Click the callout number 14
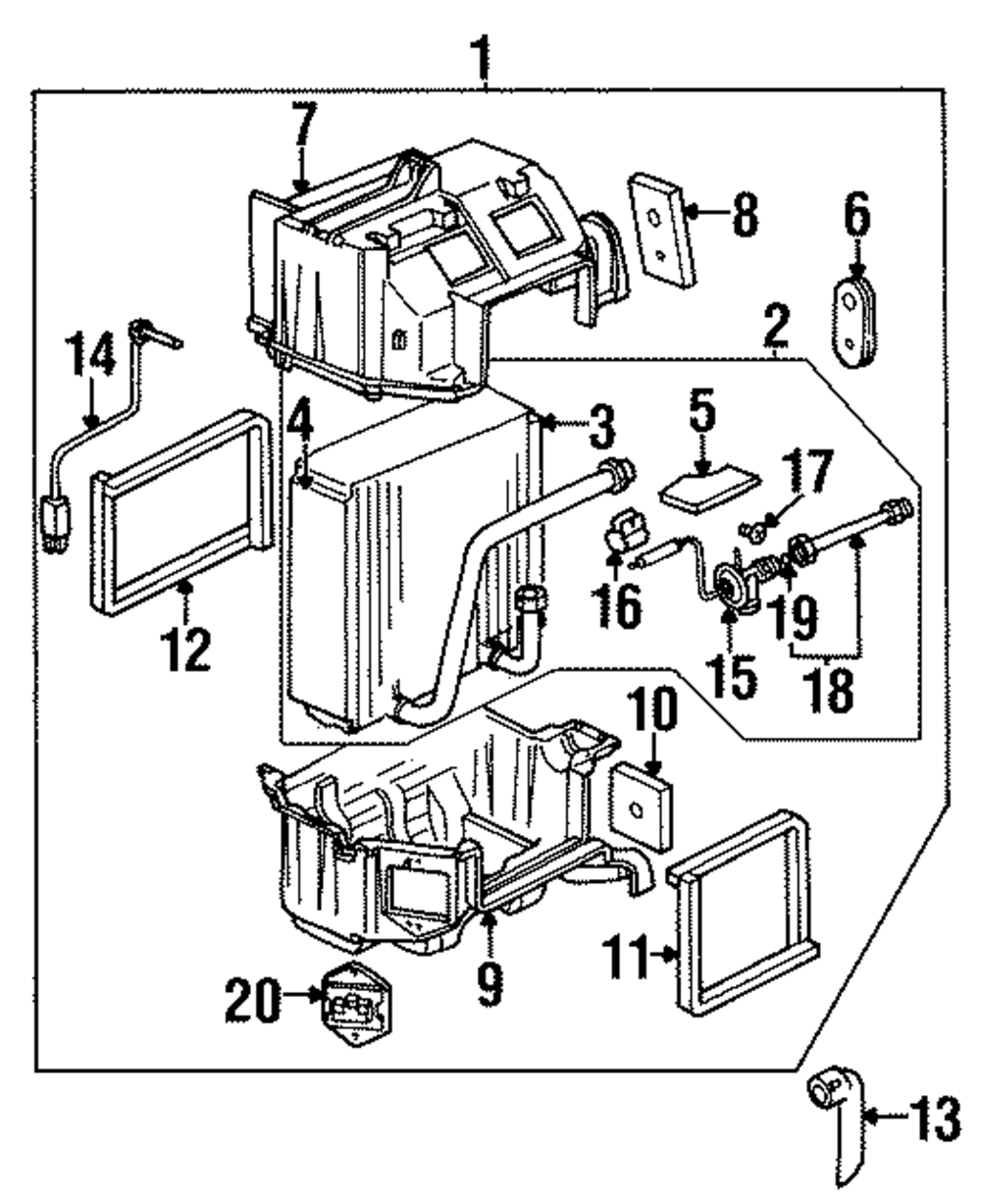coord(89,357)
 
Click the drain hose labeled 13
coord(839,1128)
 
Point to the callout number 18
coord(828,691)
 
